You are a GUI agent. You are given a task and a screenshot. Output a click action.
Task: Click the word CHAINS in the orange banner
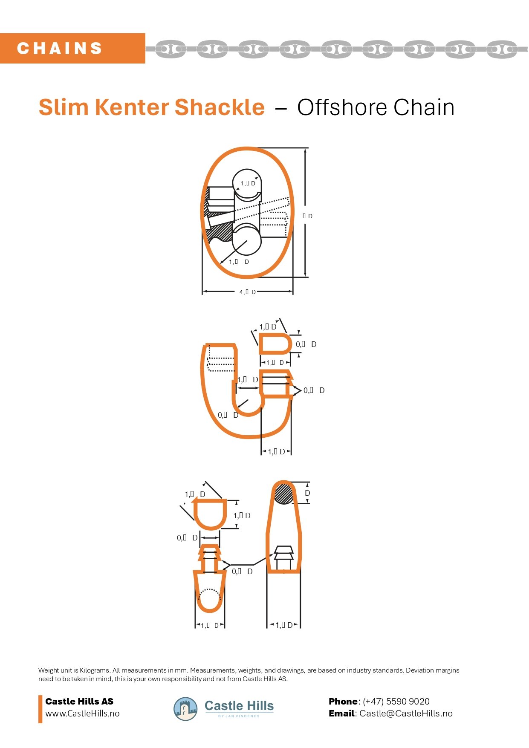coord(60,48)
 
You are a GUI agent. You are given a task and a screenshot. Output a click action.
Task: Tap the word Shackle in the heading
coord(219,107)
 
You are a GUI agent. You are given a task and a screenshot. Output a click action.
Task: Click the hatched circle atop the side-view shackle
coord(283,494)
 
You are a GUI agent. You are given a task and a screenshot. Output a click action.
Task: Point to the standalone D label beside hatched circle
coord(307,493)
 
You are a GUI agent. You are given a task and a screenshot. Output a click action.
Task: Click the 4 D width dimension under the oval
coord(248,292)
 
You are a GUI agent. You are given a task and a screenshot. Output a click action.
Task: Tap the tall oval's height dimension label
coord(308,216)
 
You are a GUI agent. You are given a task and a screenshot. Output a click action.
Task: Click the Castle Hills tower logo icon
coord(185,709)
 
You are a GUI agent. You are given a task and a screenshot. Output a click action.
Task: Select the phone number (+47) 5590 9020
coord(396,702)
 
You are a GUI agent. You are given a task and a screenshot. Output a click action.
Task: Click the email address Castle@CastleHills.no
coord(406,713)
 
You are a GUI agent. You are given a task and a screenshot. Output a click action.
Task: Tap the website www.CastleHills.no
coord(82,713)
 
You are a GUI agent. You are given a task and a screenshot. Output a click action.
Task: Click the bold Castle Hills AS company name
coord(79,702)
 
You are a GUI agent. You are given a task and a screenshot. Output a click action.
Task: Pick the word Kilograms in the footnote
coord(95,670)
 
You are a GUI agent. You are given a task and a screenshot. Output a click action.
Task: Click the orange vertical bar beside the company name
coord(40,709)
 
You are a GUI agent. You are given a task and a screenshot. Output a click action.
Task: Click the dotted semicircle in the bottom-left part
coord(210,593)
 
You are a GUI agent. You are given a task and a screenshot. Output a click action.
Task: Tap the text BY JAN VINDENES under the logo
coord(239,716)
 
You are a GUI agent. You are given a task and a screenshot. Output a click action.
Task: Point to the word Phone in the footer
coord(343,702)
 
